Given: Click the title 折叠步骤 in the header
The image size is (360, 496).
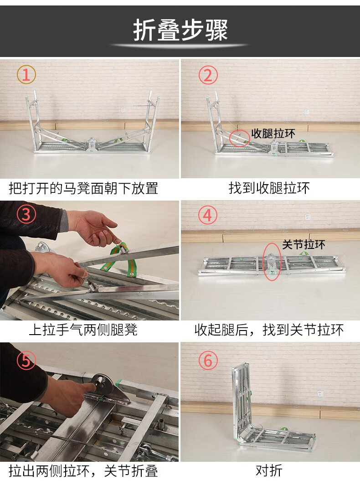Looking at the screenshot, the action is (x=180, y=30).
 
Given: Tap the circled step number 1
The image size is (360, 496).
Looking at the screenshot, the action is (x=26, y=75).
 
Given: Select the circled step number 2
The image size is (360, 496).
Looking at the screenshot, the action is (x=208, y=75).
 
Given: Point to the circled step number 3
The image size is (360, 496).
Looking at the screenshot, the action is (x=26, y=214).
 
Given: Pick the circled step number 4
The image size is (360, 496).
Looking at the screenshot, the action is (x=208, y=215).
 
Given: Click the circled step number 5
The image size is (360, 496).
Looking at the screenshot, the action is (x=26, y=361).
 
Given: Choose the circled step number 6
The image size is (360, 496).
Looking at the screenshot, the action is (x=208, y=360).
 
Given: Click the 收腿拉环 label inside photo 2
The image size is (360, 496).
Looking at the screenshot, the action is (x=273, y=134).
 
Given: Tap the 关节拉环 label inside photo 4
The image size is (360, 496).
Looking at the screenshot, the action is (x=303, y=244).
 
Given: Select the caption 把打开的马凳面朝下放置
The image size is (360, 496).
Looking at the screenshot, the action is (x=83, y=188).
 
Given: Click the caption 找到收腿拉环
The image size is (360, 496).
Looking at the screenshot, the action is (x=269, y=188).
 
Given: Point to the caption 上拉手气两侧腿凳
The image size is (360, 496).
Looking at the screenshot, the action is (x=83, y=330).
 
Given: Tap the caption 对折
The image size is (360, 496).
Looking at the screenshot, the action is (x=269, y=470).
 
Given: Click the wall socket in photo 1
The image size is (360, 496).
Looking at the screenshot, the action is (x=123, y=110).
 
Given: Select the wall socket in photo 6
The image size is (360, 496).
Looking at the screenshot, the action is (x=320, y=394).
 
